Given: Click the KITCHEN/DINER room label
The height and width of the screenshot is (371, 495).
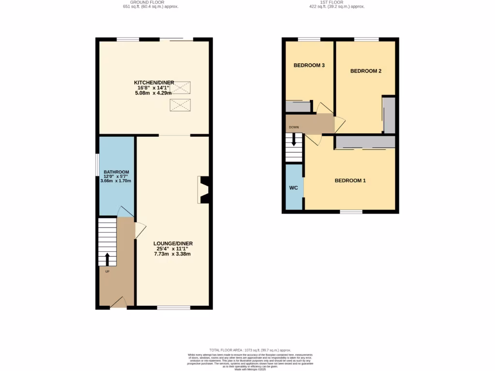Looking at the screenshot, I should tap(154, 83).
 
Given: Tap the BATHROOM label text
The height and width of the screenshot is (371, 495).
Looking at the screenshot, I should tap(116, 172).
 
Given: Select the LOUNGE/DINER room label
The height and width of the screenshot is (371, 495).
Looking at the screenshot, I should tap(173, 243).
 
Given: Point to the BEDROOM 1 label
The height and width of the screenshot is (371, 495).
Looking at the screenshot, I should tap(350, 181).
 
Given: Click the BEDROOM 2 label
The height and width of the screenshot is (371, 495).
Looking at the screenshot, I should tap(365, 71).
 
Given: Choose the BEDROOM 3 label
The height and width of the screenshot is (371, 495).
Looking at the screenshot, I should tap(309, 65).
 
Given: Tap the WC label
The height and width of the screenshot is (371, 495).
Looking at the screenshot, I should tap(293, 188).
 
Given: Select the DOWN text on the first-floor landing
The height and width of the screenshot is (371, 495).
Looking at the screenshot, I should tap(293, 128).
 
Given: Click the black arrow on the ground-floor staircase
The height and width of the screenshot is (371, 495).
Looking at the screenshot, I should tap(107, 258).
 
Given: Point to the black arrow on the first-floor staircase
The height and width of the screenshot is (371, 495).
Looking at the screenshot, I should tap(293, 140).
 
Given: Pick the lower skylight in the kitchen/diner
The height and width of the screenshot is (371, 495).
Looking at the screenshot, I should tap(180, 105).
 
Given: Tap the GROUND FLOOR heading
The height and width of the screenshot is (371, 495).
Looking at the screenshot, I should tap(147, 2).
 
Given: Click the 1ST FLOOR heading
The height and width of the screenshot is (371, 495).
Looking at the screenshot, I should tap(335, 2).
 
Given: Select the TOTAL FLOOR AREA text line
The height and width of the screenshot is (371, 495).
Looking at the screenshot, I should tap(250, 350).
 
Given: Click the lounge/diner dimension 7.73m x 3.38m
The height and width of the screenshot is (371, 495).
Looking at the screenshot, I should tap(173, 254).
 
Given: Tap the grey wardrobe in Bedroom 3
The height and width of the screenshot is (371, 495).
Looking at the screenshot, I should tap(298, 107).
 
